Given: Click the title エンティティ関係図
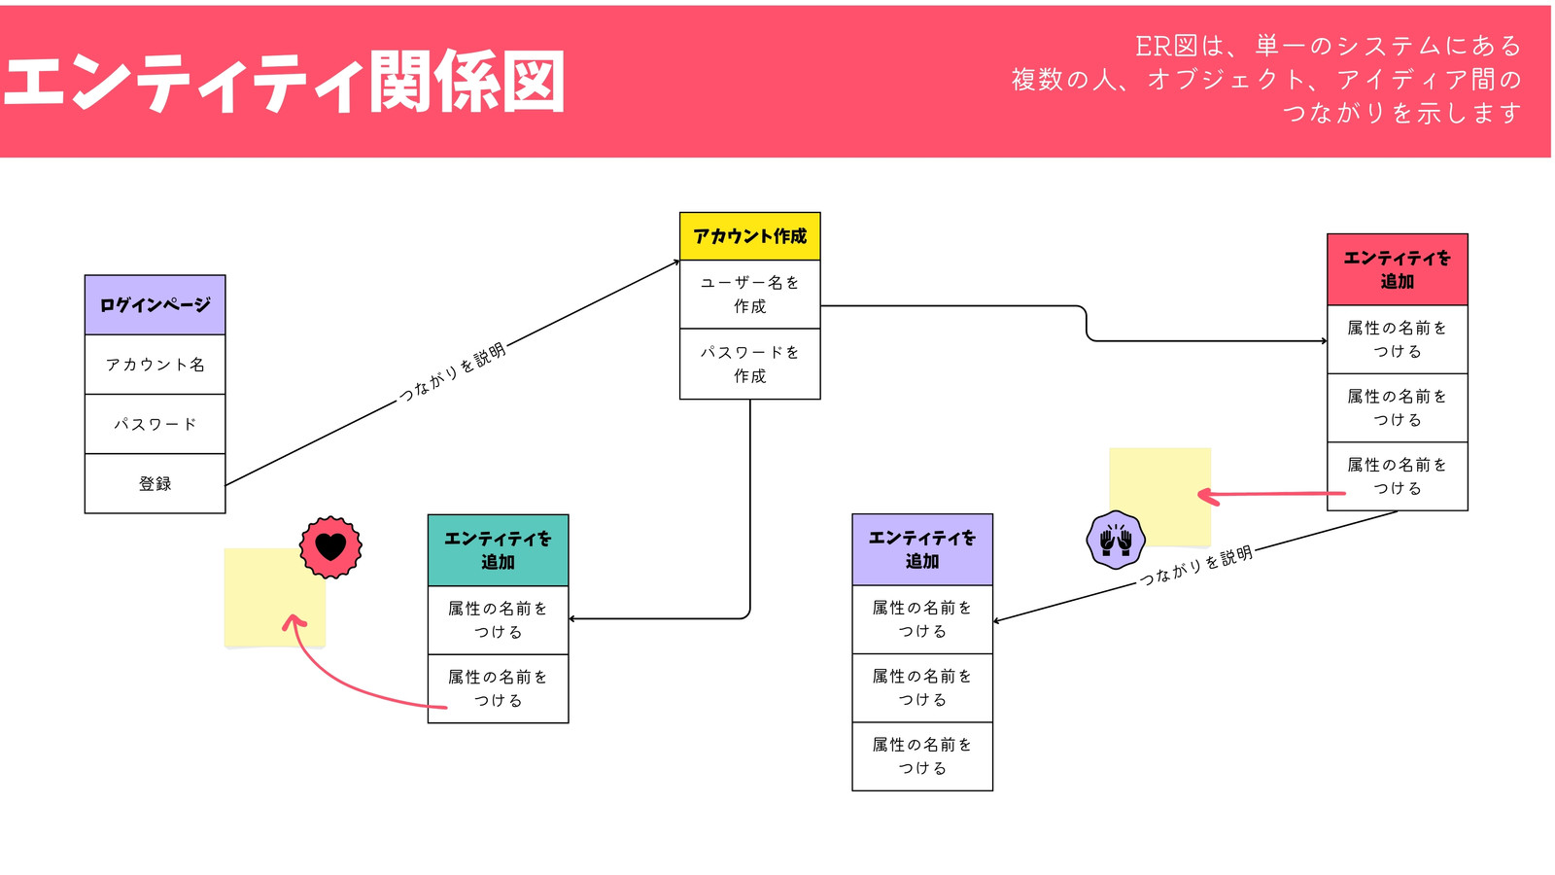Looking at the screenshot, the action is [x=285, y=82].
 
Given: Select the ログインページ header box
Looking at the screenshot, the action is [x=155, y=305].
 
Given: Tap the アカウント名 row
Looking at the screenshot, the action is [x=155, y=365].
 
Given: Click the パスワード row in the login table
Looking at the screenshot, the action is [x=155, y=424].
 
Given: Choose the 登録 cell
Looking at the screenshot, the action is [x=155, y=483].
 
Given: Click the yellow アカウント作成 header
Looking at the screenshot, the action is [x=749, y=236].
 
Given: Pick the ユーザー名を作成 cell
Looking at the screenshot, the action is [x=749, y=295].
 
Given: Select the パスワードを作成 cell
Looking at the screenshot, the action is [x=749, y=364].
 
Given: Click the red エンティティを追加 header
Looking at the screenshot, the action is [x=1398, y=269].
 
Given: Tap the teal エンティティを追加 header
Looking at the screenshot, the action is [x=499, y=550].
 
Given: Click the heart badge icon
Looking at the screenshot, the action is [x=330, y=547].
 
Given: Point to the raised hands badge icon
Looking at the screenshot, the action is [x=1116, y=541].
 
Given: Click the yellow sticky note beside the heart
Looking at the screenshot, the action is [x=275, y=598].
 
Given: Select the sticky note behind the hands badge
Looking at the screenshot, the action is [x=1160, y=496].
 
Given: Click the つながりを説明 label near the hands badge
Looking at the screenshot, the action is [x=1196, y=566].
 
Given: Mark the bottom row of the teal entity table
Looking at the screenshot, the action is [x=499, y=689].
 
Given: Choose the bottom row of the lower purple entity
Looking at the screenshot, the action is [x=922, y=756].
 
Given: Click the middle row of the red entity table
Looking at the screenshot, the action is [x=1398, y=407].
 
